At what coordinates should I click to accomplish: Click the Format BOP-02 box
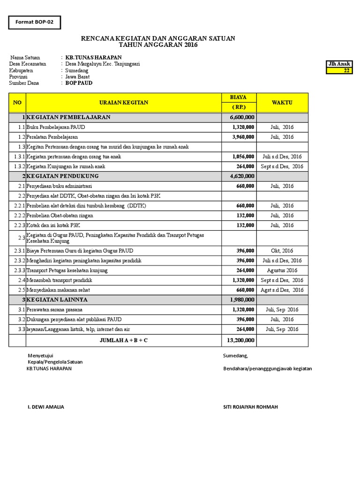(35, 22)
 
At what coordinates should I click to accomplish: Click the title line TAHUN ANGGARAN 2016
(158, 45)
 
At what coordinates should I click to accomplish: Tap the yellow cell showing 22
(339, 71)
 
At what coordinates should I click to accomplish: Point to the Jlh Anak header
(339, 64)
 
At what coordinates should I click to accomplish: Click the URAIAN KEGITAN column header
(124, 103)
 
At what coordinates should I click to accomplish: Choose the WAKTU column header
(282, 103)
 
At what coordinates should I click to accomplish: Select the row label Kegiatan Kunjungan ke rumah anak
(66, 166)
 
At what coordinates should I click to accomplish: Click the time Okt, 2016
(282, 251)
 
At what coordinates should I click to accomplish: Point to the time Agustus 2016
(282, 270)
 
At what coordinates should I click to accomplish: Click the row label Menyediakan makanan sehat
(58, 290)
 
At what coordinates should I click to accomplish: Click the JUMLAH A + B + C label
(123, 340)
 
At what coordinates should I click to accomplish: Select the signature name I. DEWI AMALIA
(46, 407)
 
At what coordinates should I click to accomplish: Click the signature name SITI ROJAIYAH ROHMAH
(250, 407)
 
